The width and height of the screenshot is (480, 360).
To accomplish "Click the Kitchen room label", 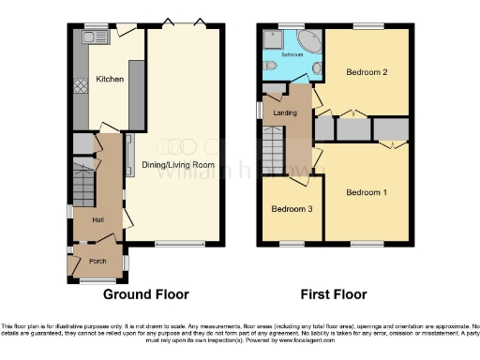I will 110,80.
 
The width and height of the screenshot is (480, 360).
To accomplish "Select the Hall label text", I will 97,218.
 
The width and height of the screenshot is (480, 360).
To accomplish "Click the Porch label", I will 97,262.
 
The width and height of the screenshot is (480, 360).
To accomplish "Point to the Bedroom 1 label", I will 366,193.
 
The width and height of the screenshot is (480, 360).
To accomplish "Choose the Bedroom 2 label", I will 366,71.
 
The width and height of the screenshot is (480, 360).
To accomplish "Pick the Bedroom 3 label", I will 292,209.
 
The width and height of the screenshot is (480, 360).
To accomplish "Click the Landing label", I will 285,112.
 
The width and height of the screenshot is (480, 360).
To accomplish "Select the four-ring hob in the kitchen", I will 81,82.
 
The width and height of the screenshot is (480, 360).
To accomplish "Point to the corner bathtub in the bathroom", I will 309,42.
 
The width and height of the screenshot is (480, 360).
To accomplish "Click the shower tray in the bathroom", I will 272,38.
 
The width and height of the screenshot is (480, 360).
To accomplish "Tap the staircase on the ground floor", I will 82,187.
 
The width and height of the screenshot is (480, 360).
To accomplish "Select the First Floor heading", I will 328,294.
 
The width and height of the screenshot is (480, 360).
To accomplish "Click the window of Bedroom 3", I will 292,245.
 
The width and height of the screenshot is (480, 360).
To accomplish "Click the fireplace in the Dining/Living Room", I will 129,150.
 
